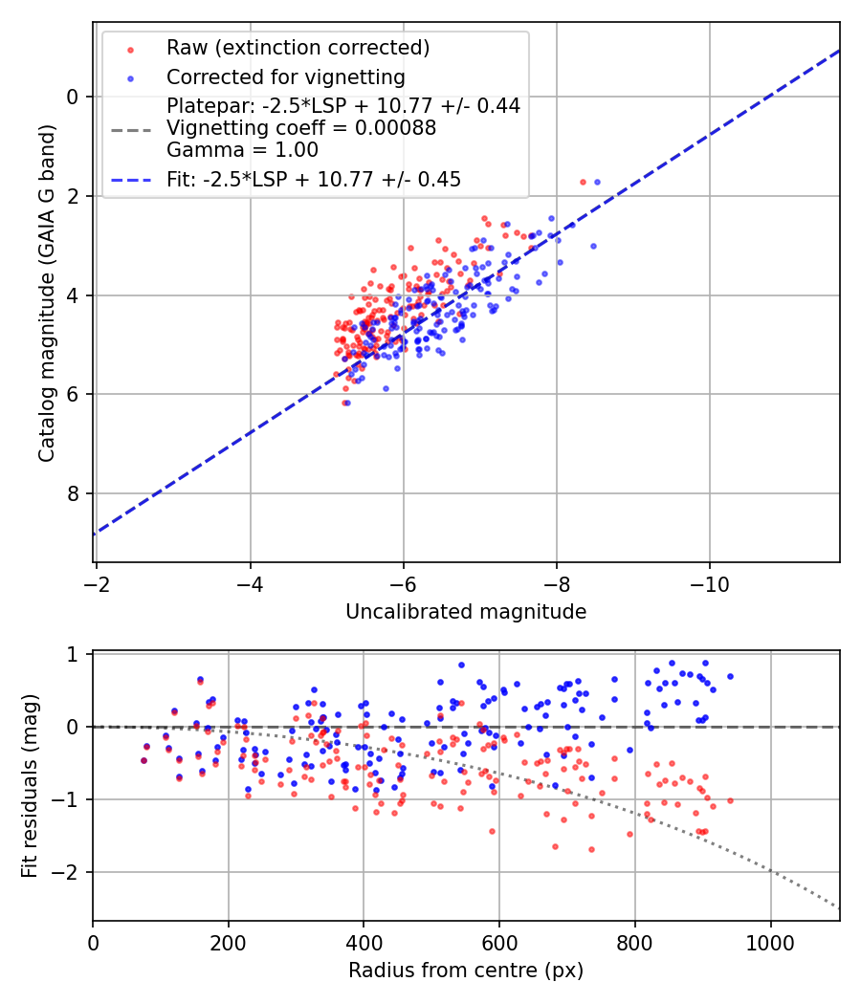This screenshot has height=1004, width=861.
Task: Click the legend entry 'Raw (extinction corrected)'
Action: pyautogui.click(x=298, y=48)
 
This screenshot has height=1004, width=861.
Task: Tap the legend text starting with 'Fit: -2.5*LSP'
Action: pyautogui.click(x=314, y=180)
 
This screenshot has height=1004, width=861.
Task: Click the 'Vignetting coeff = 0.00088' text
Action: pyautogui.click(x=301, y=128)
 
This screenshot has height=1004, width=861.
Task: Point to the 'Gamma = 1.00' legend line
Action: pyautogui.click(x=242, y=150)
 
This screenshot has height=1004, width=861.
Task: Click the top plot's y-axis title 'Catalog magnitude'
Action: pyautogui.click(x=47, y=292)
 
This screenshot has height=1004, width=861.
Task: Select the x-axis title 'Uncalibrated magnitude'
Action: pyautogui.click(x=466, y=612)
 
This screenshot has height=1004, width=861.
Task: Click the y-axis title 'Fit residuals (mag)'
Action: pyautogui.click(x=30, y=786)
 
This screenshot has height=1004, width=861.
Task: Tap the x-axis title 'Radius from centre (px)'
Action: pyautogui.click(x=466, y=971)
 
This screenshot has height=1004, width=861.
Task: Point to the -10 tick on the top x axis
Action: pyautogui.click(x=709, y=582)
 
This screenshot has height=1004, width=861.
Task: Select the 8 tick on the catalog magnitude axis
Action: pyautogui.click(x=73, y=493)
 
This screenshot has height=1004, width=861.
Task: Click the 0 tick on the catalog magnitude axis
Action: pyautogui.click(x=73, y=97)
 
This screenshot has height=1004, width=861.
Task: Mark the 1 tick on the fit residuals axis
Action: pyautogui.click(x=73, y=654)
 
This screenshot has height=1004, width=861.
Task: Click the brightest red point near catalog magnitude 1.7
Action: pyautogui.click(x=583, y=182)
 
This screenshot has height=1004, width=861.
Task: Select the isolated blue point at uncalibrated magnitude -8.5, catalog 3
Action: pyautogui.click(x=592, y=246)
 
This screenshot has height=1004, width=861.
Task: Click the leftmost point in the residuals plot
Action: pyautogui.click(x=143, y=760)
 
